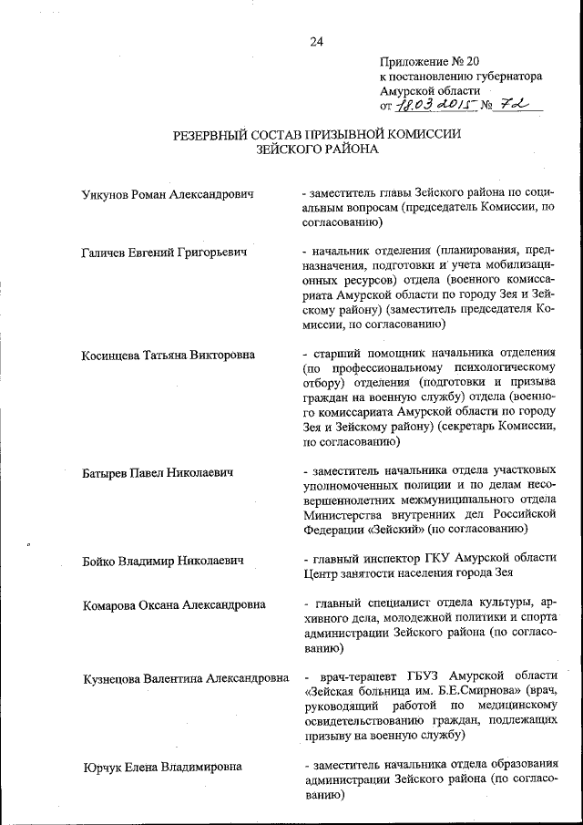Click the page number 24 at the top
click(x=316, y=41)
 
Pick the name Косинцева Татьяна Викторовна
click(x=169, y=355)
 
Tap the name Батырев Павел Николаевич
click(x=158, y=472)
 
